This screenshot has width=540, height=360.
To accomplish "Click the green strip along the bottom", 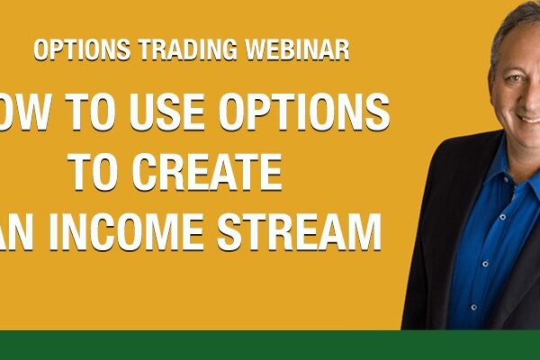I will [x=270, y=346].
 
